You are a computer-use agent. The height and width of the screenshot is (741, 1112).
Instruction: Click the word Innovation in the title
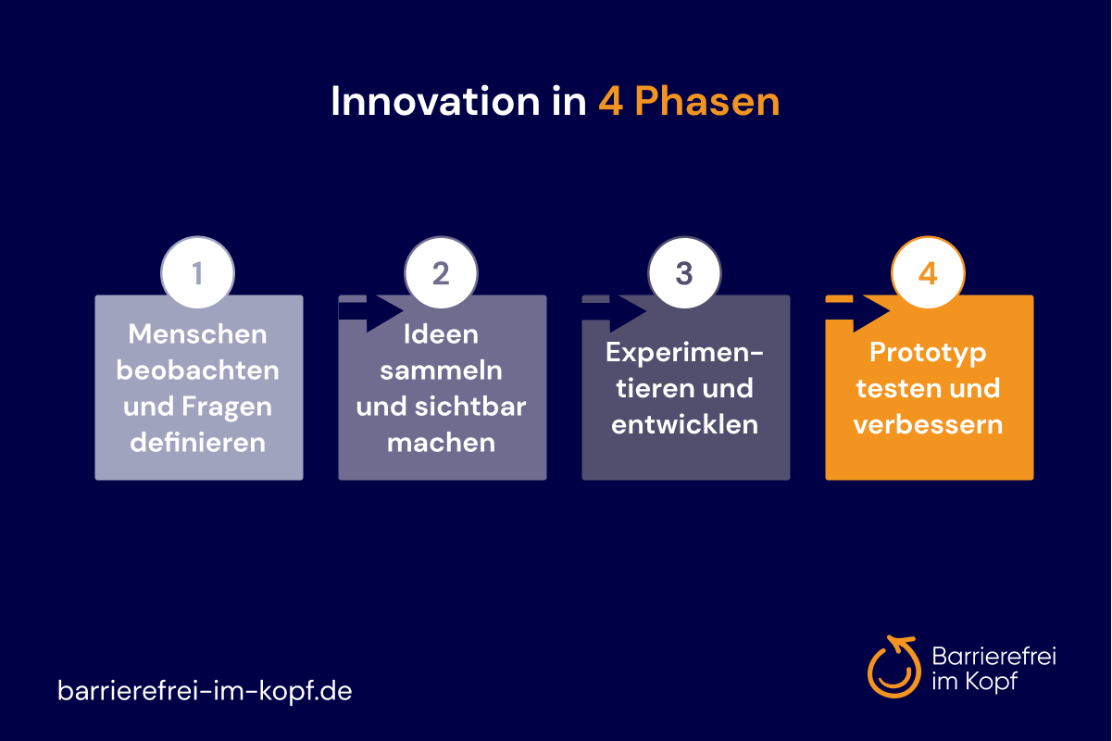[435, 101]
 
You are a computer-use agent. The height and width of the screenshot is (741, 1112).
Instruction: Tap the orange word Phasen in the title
[707, 101]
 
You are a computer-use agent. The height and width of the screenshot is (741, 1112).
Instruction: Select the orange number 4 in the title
[610, 102]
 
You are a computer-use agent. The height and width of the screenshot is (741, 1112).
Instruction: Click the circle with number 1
[197, 272]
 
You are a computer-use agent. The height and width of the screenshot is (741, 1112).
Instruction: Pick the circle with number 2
[441, 272]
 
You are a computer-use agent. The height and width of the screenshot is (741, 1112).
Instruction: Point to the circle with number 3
[684, 272]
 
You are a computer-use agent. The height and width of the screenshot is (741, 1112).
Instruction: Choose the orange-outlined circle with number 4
[928, 272]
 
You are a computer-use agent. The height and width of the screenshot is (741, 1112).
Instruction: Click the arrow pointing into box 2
[370, 312]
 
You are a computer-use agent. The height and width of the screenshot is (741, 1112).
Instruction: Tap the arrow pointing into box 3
[614, 312]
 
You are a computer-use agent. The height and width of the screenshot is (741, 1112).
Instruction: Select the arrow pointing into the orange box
[857, 312]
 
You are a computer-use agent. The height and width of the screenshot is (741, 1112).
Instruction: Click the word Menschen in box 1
[197, 334]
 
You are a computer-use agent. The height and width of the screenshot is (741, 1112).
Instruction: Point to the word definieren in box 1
[197, 443]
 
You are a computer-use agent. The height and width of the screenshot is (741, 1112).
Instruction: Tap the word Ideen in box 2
[441, 334]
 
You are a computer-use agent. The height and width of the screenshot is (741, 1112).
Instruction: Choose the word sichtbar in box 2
[470, 407]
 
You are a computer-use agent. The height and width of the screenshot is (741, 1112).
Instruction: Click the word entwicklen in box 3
[684, 424]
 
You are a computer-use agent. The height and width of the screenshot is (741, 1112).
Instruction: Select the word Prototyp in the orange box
[928, 354]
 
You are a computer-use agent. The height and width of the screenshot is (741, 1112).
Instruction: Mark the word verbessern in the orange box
[928, 424]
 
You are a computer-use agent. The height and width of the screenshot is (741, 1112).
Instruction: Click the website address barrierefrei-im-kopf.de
[205, 691]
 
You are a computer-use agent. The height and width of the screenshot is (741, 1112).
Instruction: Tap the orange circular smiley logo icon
[894, 667]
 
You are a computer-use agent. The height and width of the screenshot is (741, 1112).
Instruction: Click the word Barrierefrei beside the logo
[993, 656]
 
